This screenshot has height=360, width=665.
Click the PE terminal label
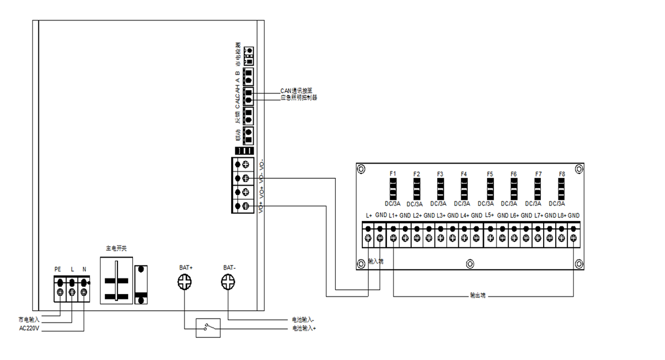click(58, 269)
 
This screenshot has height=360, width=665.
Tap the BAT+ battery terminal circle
click(184, 284)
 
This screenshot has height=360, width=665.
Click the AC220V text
click(30, 327)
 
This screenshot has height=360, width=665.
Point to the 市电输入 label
click(29, 320)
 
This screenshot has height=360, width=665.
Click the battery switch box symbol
click(207, 328)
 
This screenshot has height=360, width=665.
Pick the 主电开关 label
click(116, 249)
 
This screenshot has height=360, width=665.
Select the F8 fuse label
click(562, 174)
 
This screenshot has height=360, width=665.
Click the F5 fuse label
click(490, 174)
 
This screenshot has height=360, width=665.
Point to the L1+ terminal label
click(393, 215)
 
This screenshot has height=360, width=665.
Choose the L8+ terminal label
click(561, 215)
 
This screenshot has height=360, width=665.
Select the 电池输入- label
click(304, 320)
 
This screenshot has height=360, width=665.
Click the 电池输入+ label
click(304, 328)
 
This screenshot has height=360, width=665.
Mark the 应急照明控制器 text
click(299, 97)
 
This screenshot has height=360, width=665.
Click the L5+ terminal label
click(489, 215)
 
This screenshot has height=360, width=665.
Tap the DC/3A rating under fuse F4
click(464, 204)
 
